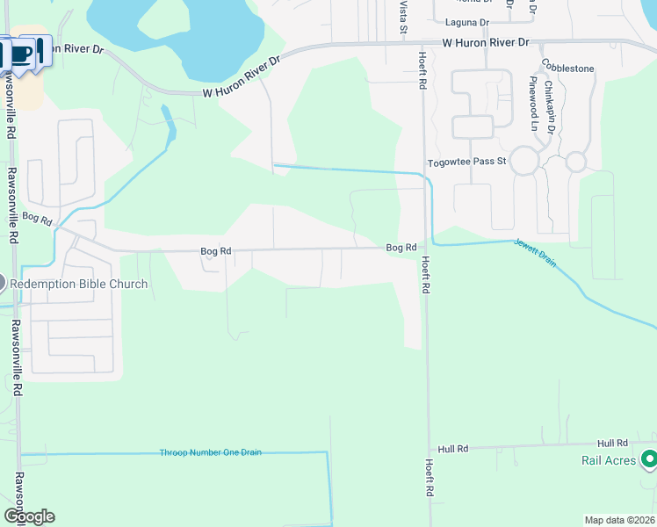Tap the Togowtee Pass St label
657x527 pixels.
pyautogui.click(x=467, y=162)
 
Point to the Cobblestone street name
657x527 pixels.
pyautogui.click(x=567, y=68)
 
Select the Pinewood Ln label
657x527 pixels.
pyautogui.click(x=533, y=104)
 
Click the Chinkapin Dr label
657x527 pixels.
pyautogui.click(x=551, y=106)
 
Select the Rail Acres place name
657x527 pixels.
pyautogui.click(x=609, y=460)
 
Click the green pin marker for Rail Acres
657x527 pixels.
pyautogui.click(x=649, y=458)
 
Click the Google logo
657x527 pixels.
pyautogui.click(x=29, y=516)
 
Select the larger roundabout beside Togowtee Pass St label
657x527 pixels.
pyautogui.click(x=524, y=162)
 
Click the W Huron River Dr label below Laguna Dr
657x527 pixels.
pyautogui.click(x=486, y=42)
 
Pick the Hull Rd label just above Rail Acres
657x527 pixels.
pyautogui.click(x=612, y=444)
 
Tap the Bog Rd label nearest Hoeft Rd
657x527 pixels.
pyautogui.click(x=401, y=248)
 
